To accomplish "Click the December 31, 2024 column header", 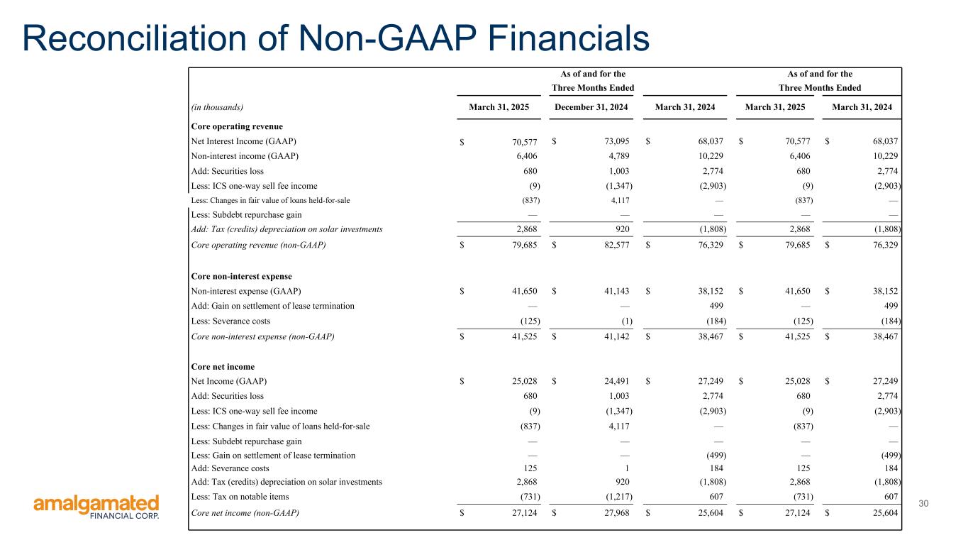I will click(x=592, y=107).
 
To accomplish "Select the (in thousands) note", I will click(x=218, y=107).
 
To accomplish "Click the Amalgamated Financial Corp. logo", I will click(x=96, y=507).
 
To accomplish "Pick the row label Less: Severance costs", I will click(x=230, y=321).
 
